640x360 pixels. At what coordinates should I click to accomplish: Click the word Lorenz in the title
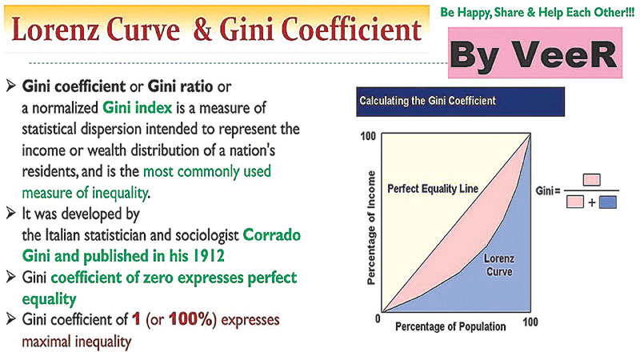(66, 30)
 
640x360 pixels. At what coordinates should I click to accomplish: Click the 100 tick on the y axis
(370, 137)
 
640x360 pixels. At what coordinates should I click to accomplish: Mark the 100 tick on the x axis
(529, 321)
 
